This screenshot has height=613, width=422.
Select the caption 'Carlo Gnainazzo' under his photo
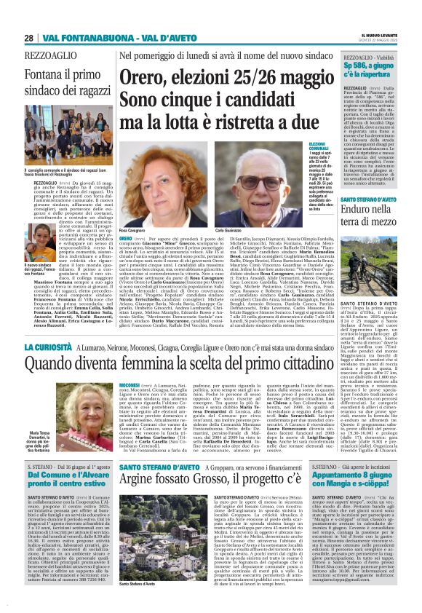point(228,229)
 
